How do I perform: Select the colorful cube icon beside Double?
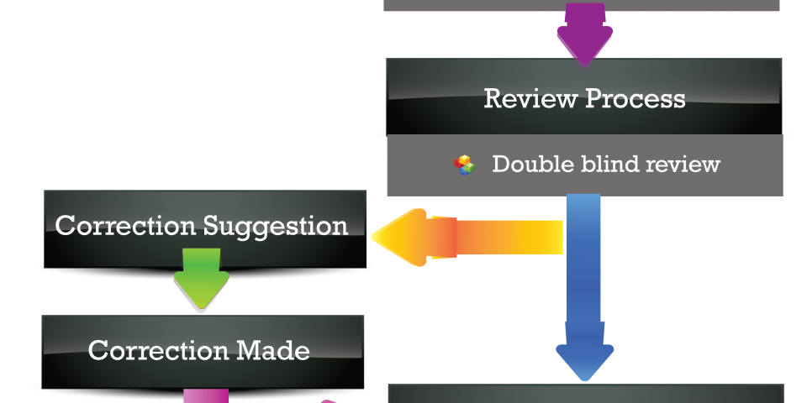[x=465, y=165]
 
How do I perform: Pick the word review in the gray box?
[x=682, y=164]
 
